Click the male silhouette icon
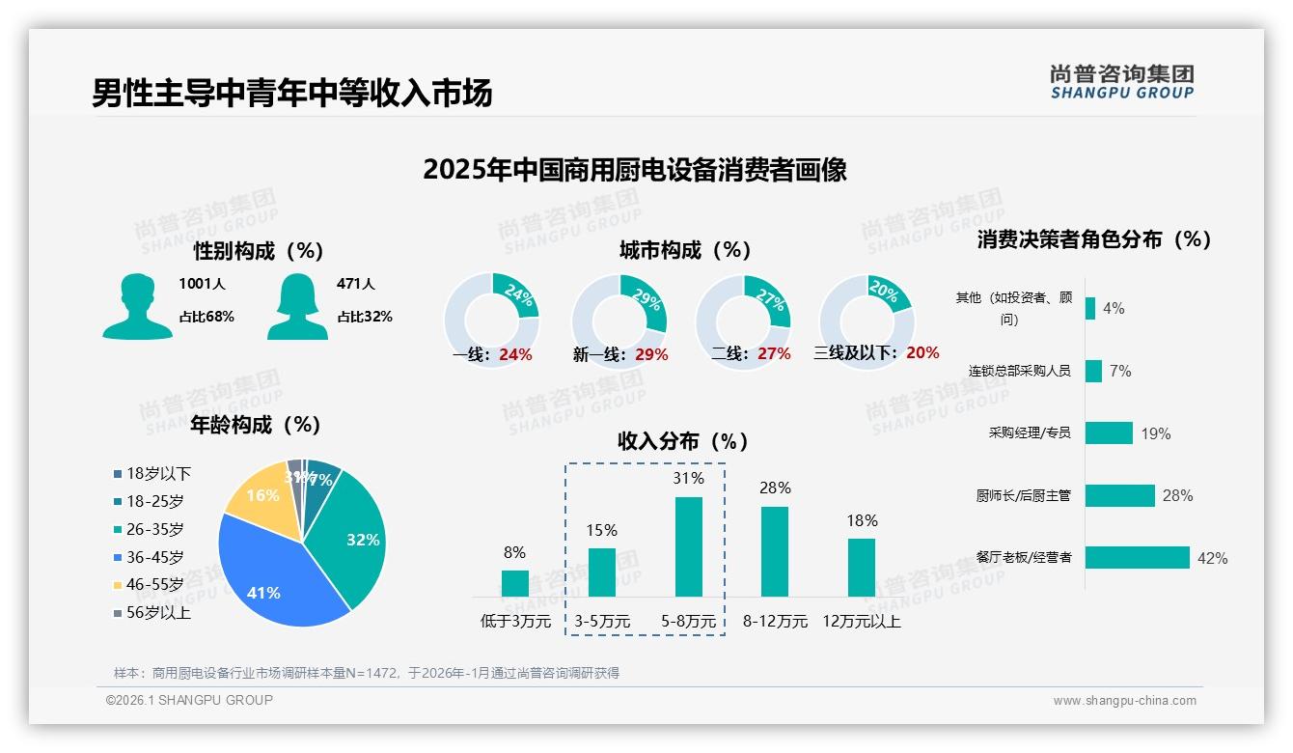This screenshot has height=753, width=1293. point(137,307)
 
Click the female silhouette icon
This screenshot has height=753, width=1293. point(297,307)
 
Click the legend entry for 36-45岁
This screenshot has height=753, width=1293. point(154,557)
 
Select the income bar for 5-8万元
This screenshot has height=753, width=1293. point(688,546)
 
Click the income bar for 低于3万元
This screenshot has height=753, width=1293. point(515,583)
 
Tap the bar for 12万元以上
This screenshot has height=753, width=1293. point(862,567)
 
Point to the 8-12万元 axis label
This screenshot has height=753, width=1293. point(775,621)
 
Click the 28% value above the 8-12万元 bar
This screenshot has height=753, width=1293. point(775,488)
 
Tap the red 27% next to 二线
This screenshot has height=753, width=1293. point(774,354)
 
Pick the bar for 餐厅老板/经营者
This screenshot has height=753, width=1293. point(1137,557)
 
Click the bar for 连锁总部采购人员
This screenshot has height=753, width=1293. point(1093,371)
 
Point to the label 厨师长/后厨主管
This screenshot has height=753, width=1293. point(1023,496)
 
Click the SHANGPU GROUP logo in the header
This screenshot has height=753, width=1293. point(1122,82)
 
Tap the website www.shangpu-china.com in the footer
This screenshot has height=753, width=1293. point(1124,701)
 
